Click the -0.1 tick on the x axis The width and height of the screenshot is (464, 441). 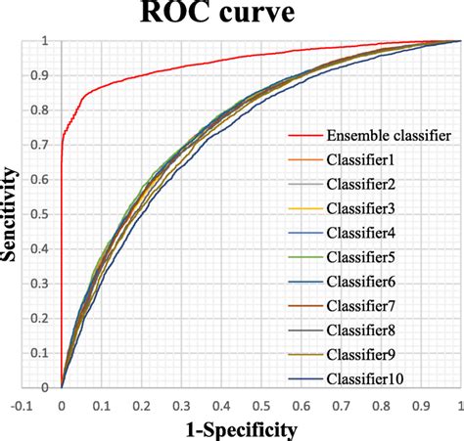pyautogui.click(x=22, y=402)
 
